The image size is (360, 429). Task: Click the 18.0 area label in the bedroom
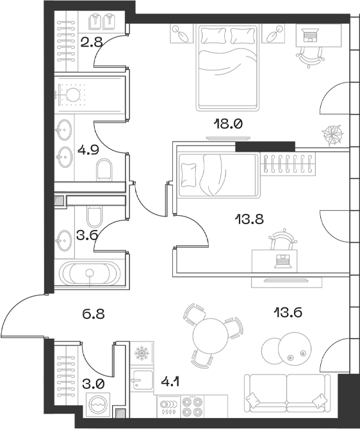[228, 124]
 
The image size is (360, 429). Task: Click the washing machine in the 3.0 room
[98, 405]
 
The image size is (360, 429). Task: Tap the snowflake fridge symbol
[141, 353]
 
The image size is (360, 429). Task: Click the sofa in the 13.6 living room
[290, 391]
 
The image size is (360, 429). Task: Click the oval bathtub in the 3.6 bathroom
[90, 274]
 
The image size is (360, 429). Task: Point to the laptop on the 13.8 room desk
[282, 259]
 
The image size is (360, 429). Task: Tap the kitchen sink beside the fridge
[141, 381]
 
